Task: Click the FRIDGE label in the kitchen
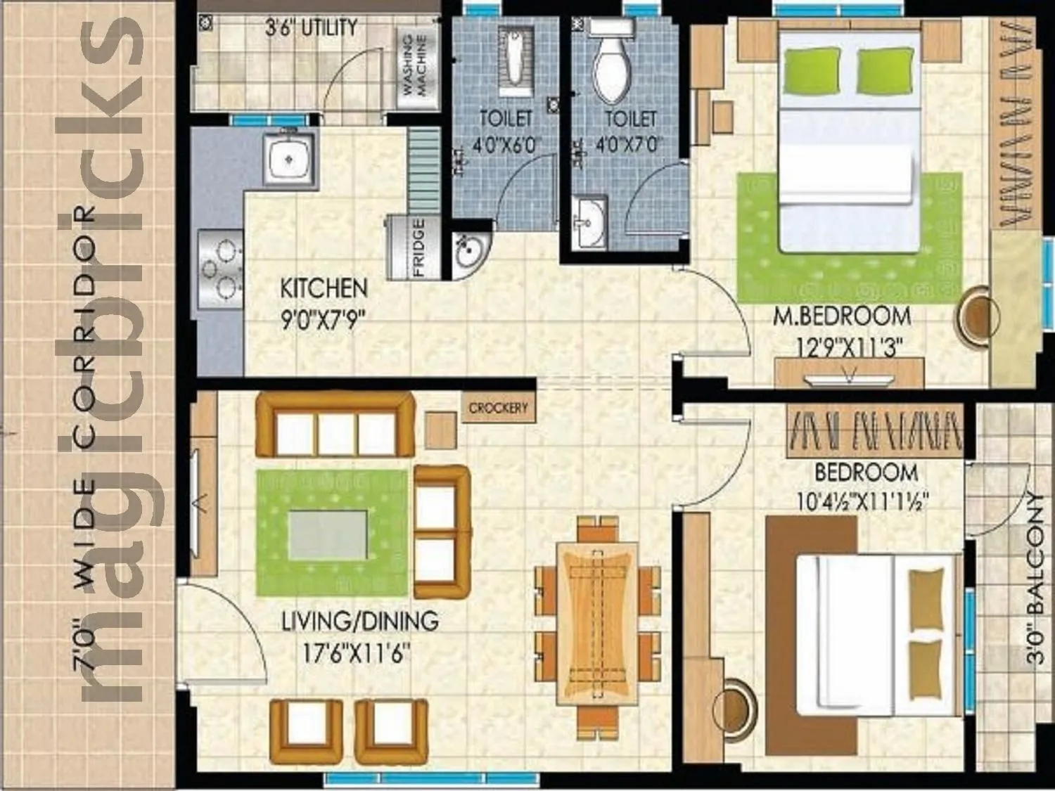click(419, 247)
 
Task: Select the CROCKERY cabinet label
click(498, 409)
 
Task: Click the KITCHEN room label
click(324, 288)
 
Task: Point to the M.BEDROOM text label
click(842, 316)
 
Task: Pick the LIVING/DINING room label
click(359, 622)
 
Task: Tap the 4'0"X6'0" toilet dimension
click(505, 145)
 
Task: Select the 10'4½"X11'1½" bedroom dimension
click(863, 502)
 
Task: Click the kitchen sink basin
click(287, 158)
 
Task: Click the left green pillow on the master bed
click(812, 71)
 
